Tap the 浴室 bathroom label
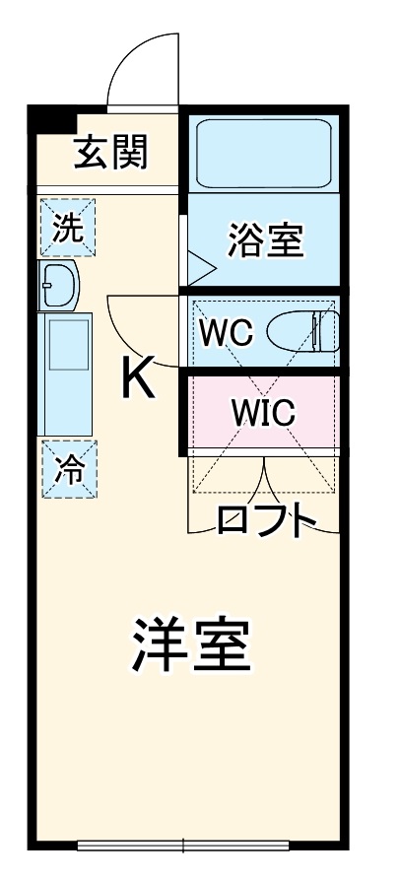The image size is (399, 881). pyautogui.click(x=265, y=239)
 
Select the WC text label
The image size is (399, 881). pyautogui.click(x=226, y=332)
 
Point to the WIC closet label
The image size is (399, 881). pyautogui.click(x=262, y=413)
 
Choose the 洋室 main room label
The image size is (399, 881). pyautogui.click(x=191, y=645)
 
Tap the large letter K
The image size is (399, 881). pyautogui.click(x=138, y=378)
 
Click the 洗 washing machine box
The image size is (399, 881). pyautogui.click(x=68, y=228)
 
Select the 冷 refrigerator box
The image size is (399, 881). pyautogui.click(x=68, y=470)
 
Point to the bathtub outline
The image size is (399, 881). pyautogui.click(x=263, y=153)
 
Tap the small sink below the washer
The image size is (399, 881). pyautogui.click(x=60, y=286)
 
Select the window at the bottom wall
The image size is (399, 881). pyautogui.click(x=183, y=845)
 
